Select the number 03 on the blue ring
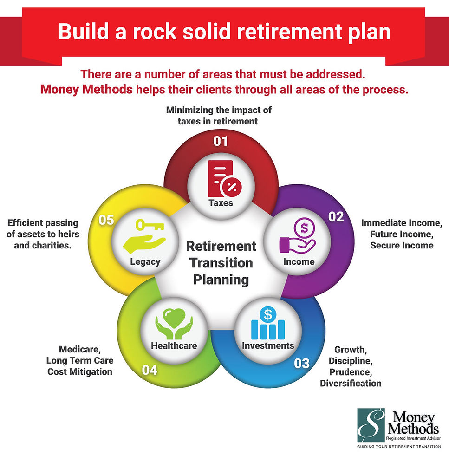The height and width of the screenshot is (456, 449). pos(301,363)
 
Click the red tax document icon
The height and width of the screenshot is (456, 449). pos(222,179)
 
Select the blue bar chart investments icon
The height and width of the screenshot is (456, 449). pos(267,324)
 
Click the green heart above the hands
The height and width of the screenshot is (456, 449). pos(174,319)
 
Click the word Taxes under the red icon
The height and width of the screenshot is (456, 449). pos(221,203)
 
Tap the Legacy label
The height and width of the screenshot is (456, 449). pos(145,261)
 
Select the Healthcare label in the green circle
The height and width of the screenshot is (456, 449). pos(174,345)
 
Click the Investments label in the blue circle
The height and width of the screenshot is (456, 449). pos(268,345)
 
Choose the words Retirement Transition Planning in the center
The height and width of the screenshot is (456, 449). pos(221,263)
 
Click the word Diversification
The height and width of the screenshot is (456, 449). pos(351,384)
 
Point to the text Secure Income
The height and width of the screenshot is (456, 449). pos(402,246)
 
